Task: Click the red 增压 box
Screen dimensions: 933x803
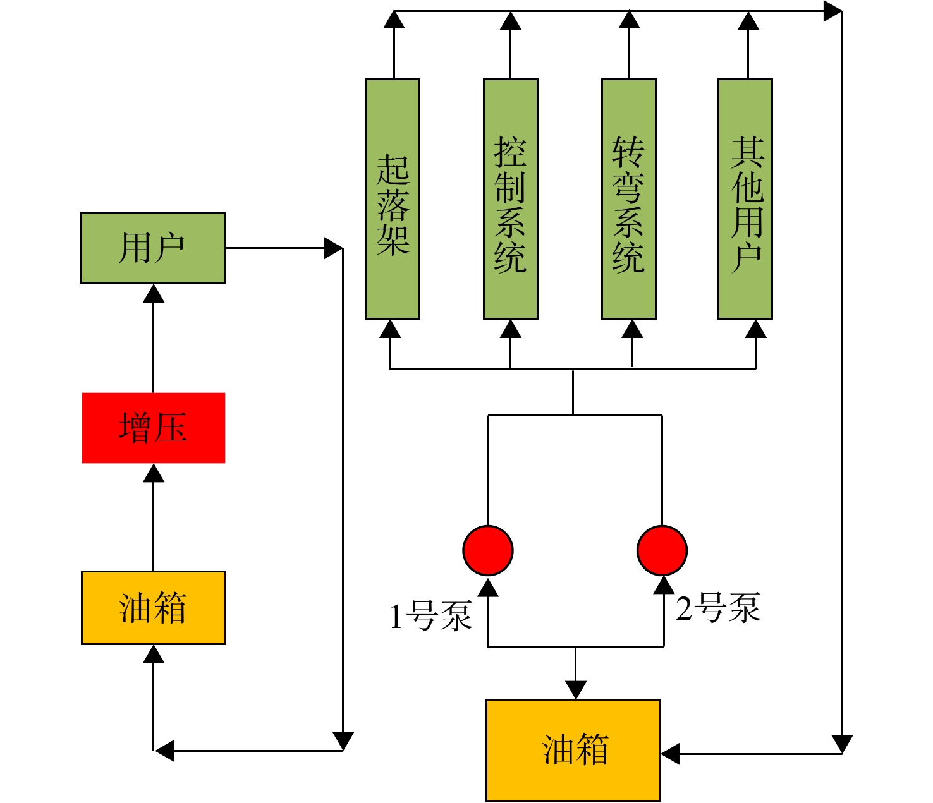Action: tap(154, 428)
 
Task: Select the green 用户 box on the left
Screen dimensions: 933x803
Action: tap(154, 248)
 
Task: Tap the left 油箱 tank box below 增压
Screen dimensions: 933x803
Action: tap(154, 608)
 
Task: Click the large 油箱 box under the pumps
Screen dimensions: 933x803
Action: tap(573, 750)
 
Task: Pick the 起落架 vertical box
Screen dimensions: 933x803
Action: tap(393, 199)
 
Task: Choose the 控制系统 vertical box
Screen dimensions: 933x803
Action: tap(511, 199)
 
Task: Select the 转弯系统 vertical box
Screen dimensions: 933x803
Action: tap(629, 199)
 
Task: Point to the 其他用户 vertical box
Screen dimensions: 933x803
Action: tap(745, 199)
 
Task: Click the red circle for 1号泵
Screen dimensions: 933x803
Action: tap(488, 550)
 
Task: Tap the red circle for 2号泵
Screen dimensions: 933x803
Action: tap(662, 550)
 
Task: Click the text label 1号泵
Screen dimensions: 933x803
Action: tap(430, 615)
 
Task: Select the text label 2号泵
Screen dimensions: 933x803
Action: tap(718, 607)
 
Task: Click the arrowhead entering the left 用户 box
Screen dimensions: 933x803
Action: tap(154, 293)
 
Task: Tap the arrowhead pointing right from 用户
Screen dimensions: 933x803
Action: tap(334, 248)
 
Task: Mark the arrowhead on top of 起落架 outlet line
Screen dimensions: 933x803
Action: tap(394, 20)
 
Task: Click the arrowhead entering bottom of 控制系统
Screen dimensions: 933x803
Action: tap(511, 329)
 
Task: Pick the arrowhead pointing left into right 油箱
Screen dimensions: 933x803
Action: tap(670, 754)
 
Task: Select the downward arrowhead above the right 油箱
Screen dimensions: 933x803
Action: tap(575, 690)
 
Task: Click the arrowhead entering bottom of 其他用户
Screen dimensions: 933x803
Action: tap(755, 329)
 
